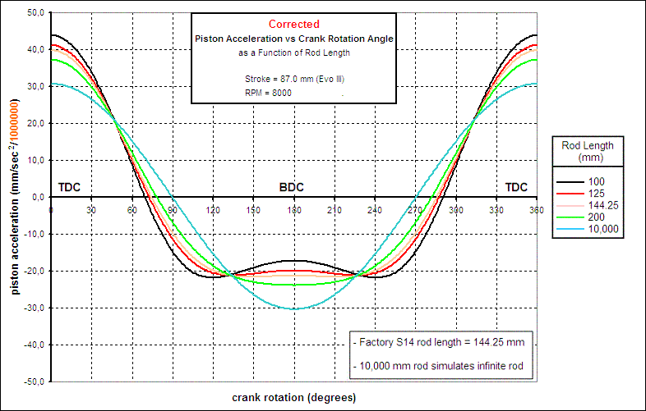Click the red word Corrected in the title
pos(293,25)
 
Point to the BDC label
pos(291,187)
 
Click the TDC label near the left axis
pos(70,187)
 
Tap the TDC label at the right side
pos(516,187)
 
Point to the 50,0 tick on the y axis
pos(37,12)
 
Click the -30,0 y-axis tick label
pos(35,308)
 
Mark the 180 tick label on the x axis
pos(293,211)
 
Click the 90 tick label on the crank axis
pos(173,211)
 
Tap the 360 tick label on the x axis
pos(536,211)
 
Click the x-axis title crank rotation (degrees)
pos(293,398)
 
